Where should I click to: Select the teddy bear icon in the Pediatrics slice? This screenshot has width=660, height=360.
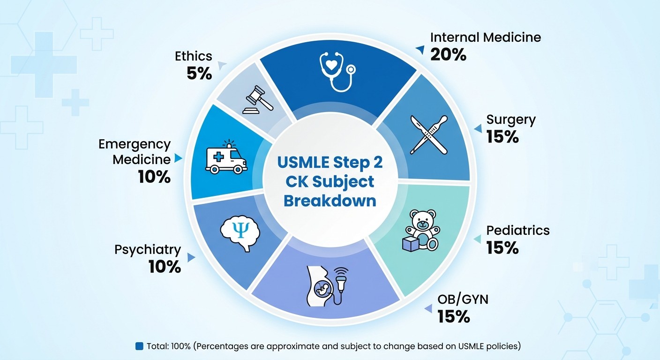coord(422,229)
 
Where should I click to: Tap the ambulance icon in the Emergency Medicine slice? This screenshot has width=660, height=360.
coord(226,157)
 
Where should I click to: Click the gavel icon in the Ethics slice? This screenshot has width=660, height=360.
coord(254,99)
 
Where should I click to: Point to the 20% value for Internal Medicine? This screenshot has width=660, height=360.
coord(448,55)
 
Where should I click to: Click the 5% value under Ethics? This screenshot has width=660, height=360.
coord(199,73)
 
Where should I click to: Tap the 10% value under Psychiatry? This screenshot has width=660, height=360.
coord(165,267)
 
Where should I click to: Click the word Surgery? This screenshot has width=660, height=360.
coord(510,120)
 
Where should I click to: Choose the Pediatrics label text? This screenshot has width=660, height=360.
coord(517,231)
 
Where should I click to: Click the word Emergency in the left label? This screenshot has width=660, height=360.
coord(135,144)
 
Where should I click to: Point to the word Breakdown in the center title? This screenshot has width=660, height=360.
coord(330,200)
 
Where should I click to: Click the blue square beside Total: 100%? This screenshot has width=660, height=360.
coord(139,346)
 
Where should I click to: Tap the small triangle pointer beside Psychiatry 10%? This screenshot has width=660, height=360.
coord(190,258)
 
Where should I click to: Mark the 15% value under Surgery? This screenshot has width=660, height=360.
coord(502,137)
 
